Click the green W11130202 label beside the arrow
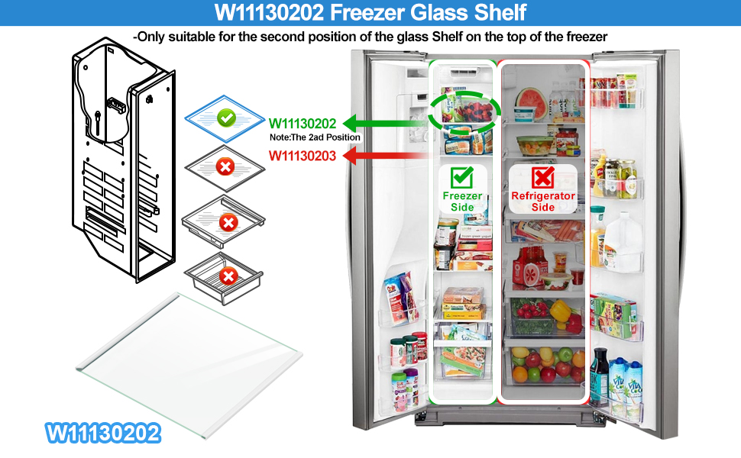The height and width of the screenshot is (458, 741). pyautogui.click(x=302, y=124)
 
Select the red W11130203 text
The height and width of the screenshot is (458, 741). pyautogui.click(x=302, y=156)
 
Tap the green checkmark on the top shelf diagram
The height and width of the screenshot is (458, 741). pyautogui.click(x=225, y=118)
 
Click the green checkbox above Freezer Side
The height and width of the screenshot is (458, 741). pyautogui.click(x=461, y=178)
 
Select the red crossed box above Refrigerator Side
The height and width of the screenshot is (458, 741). pyautogui.click(x=543, y=178)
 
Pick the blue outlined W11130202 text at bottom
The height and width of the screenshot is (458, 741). pyautogui.click(x=104, y=433)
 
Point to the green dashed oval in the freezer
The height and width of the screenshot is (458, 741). pyautogui.click(x=463, y=110)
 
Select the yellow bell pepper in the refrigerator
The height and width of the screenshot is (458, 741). pyautogui.click(x=561, y=311)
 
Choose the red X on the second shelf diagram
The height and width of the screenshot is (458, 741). pyautogui.click(x=225, y=166)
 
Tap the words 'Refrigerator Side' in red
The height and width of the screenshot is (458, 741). pyautogui.click(x=543, y=202)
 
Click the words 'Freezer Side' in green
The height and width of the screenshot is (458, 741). pyautogui.click(x=462, y=202)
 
